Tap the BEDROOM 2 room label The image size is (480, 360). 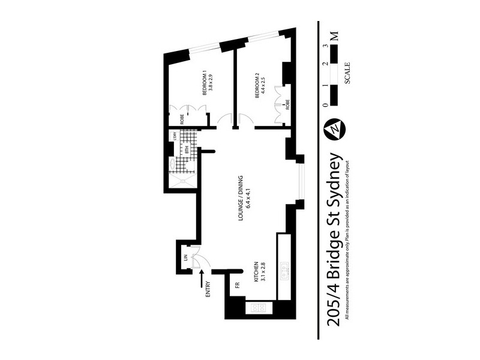(257, 85)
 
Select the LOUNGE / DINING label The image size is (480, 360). (240, 199)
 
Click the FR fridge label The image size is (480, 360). (237, 286)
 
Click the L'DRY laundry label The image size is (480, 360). (175, 136)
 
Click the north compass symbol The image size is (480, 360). (332, 128)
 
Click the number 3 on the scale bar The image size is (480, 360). (325, 45)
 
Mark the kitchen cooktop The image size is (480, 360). (260, 308)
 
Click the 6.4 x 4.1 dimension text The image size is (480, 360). (247, 199)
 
